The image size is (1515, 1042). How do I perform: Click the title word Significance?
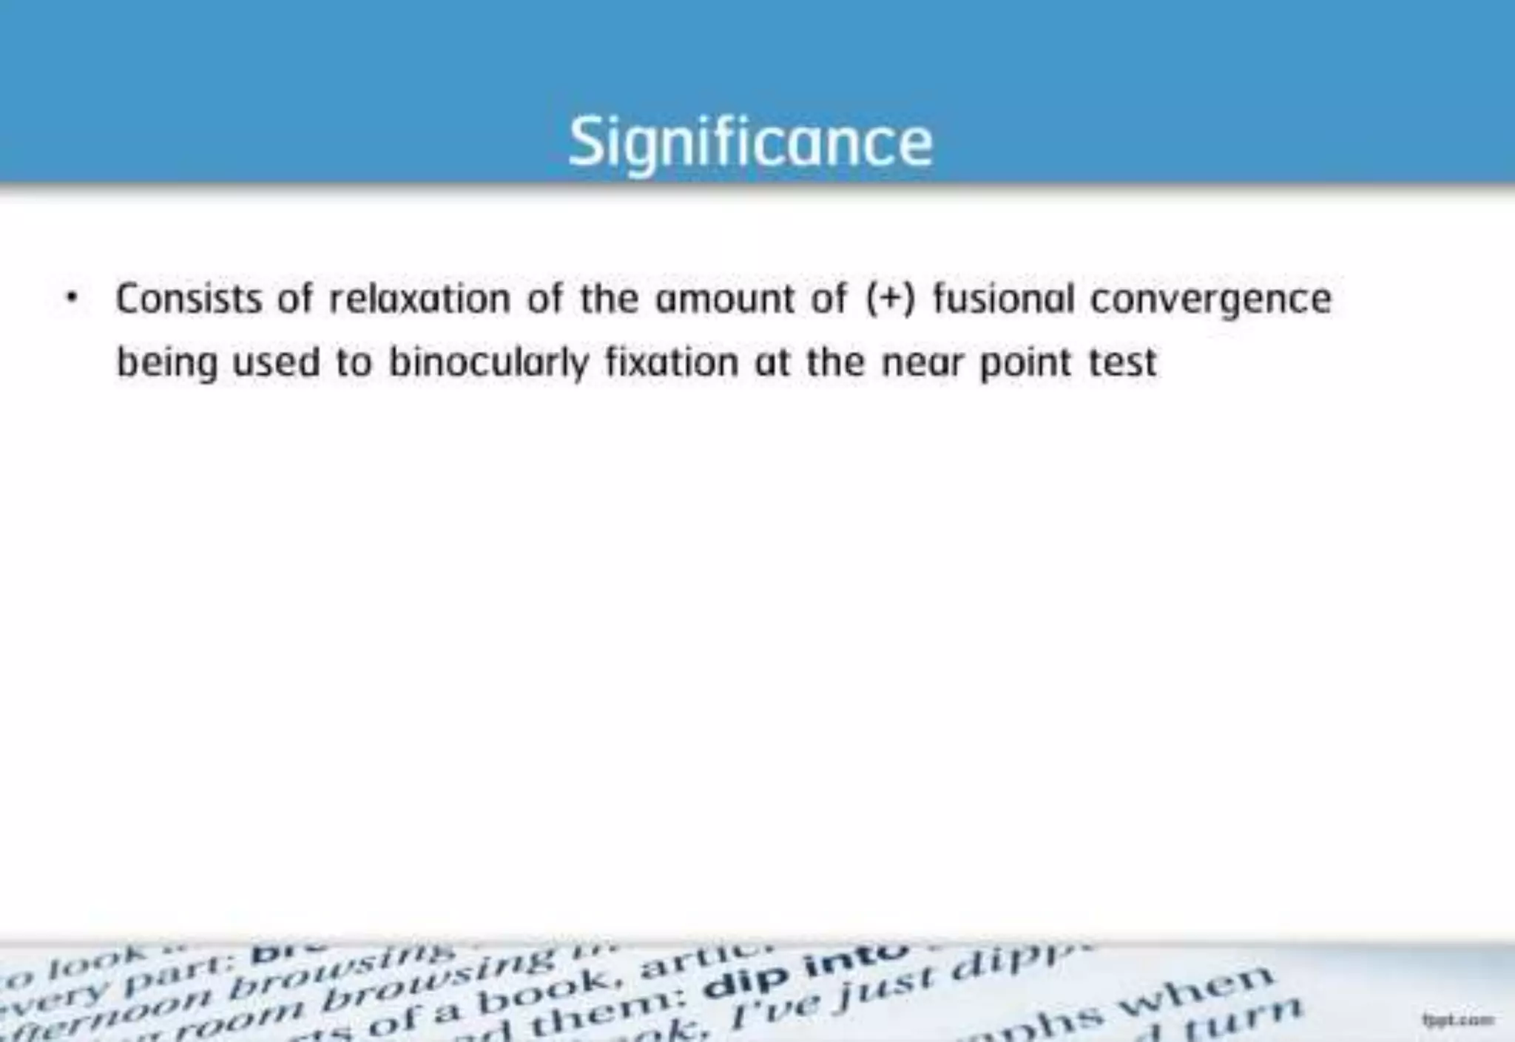click(x=750, y=142)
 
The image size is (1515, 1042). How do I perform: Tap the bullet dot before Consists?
click(x=71, y=300)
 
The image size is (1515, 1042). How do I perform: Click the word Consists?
click(x=189, y=299)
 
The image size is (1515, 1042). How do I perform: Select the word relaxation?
click(x=419, y=299)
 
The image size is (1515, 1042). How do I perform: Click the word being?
click(x=167, y=363)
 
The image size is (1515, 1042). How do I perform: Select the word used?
click(x=276, y=362)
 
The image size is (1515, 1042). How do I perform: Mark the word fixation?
click(x=672, y=362)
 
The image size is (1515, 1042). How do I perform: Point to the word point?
click(x=1026, y=363)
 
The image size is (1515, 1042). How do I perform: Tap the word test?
click(x=1123, y=362)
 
